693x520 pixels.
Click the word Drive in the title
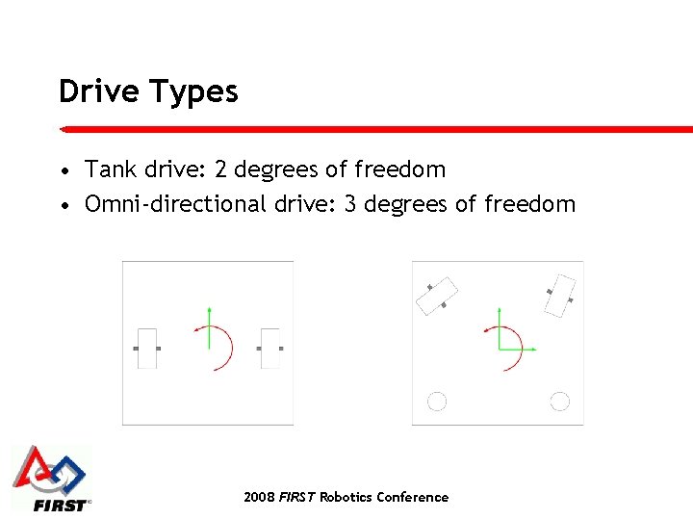pos(100,91)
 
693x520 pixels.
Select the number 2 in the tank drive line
pos(220,169)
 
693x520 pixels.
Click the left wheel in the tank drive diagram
pos(146,348)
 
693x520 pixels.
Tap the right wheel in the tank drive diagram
pos(270,348)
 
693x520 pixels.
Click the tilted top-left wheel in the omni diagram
pos(436,296)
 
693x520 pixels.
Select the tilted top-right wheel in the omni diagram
pos(559,295)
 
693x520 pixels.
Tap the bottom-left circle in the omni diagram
pos(437,402)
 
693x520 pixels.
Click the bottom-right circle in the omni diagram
pos(559,402)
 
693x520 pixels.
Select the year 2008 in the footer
pos(259,497)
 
